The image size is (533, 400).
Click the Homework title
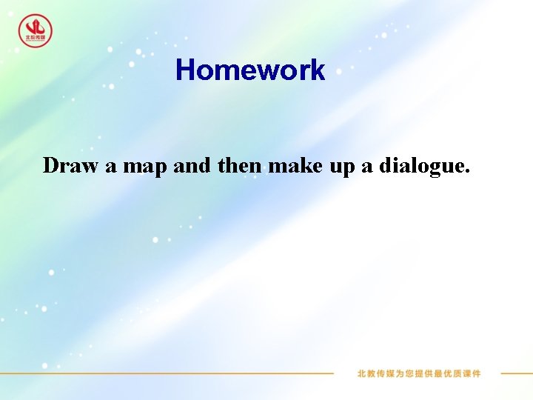[250, 70]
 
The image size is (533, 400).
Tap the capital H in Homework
[185, 70]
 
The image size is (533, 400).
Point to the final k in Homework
[318, 70]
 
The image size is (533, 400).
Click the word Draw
[70, 165]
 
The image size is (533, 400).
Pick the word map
[144, 167]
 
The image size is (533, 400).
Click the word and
[192, 165]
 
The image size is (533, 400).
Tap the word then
[239, 165]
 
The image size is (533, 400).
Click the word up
[342, 167]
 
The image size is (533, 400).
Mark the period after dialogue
[466, 172]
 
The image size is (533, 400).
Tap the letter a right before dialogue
[367, 167]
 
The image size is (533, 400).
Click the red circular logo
[35, 31]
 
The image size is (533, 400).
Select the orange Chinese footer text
[418, 373]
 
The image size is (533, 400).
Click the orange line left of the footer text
[185, 373]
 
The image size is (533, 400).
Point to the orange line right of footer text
[516, 373]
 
